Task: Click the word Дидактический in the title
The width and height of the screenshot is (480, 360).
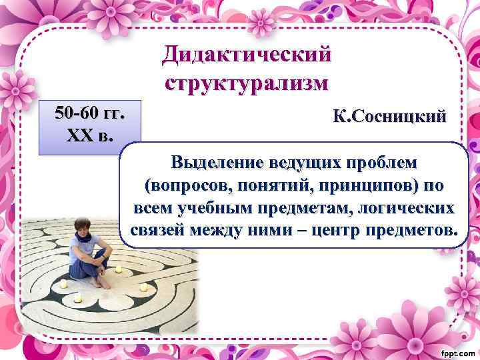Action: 245,54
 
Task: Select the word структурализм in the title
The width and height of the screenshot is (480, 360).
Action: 245,83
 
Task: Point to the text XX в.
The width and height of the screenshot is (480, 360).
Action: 91,136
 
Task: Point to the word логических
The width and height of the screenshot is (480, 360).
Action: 412,208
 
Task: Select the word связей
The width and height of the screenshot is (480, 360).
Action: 153,231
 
